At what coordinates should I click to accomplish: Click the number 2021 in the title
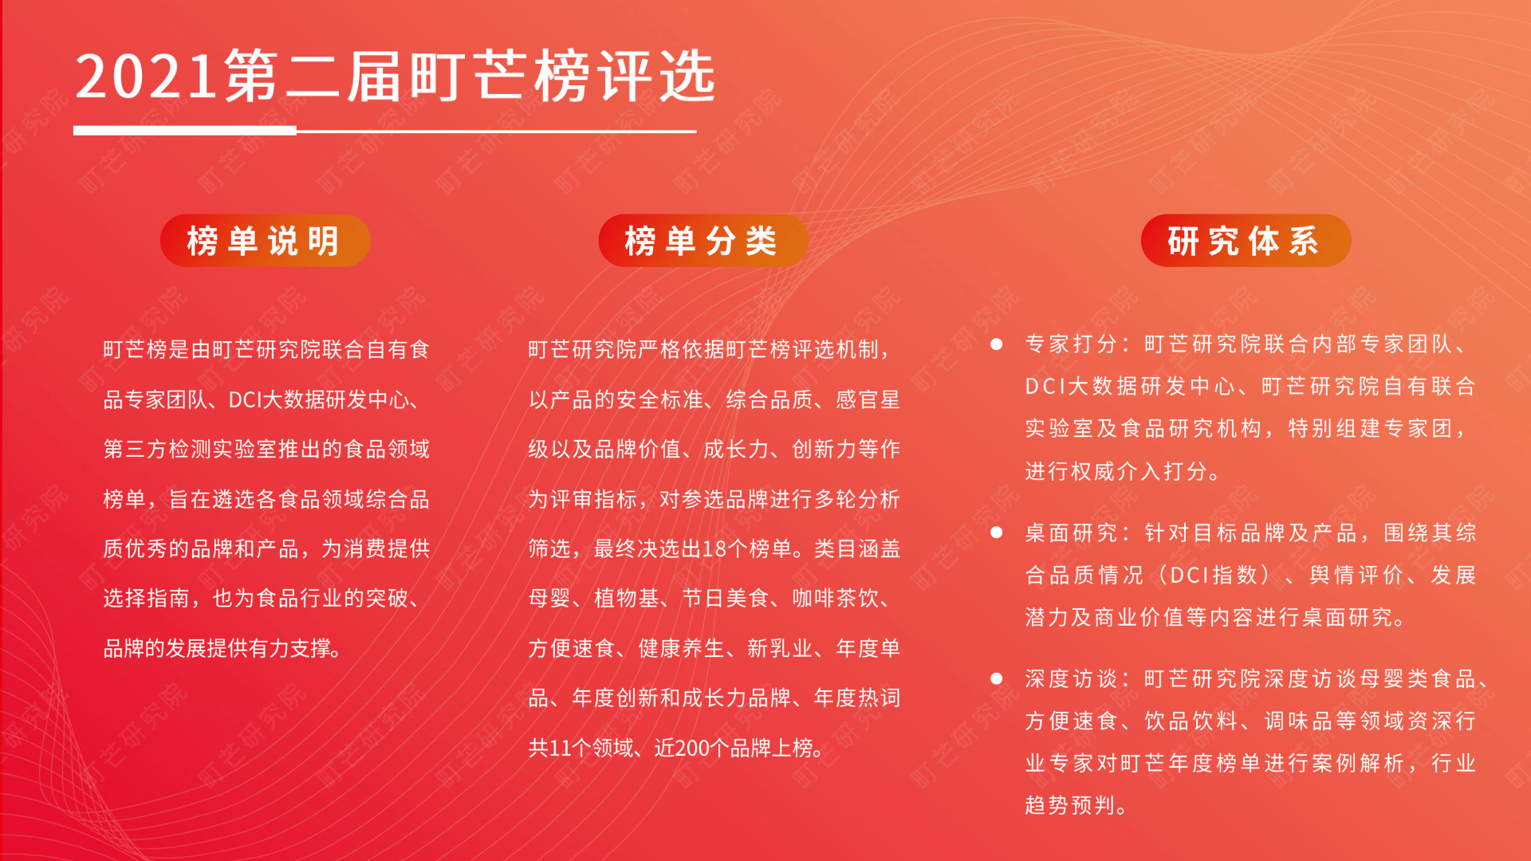click(146, 77)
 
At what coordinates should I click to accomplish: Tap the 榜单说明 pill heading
click(265, 241)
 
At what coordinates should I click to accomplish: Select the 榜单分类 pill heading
click(703, 241)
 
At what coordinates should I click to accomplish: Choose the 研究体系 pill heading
click(1245, 241)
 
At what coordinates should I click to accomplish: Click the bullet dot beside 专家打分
click(996, 344)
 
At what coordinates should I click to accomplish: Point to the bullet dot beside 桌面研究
click(996, 533)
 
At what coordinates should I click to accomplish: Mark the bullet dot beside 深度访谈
click(996, 678)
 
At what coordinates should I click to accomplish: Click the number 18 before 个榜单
click(714, 549)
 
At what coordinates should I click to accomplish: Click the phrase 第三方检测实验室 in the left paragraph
click(190, 450)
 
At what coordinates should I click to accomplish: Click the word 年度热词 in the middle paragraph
click(856, 698)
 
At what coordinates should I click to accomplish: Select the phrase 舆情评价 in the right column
click(1356, 575)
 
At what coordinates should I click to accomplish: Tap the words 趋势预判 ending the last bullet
click(1069, 805)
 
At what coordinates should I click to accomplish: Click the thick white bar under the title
click(185, 131)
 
